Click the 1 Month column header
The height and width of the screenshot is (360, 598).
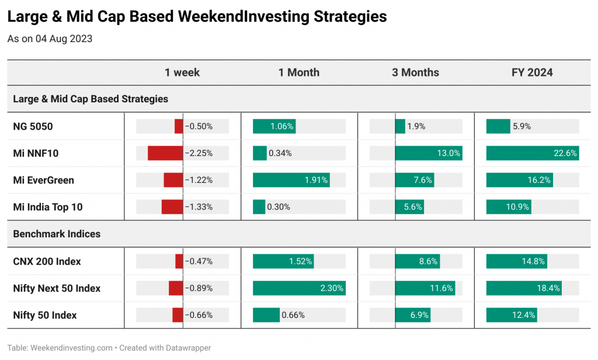(x=299, y=72)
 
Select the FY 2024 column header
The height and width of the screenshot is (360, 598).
(x=532, y=72)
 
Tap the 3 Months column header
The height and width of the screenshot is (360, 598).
(x=415, y=72)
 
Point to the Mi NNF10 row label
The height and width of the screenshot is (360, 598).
(x=36, y=154)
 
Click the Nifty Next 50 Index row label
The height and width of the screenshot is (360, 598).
(x=57, y=288)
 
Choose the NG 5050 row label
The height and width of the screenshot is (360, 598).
(x=33, y=126)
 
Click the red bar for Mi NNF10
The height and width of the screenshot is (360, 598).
(x=165, y=153)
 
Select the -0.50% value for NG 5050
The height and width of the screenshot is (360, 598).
(x=199, y=126)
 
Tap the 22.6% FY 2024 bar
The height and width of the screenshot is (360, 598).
(x=533, y=153)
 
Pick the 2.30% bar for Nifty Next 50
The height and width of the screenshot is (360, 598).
(x=299, y=288)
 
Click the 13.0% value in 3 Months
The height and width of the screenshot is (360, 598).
(x=448, y=153)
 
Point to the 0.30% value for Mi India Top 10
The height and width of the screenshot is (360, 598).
(x=279, y=207)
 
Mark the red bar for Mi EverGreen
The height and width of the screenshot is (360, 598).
(x=173, y=180)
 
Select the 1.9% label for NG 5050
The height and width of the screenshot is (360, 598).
(x=416, y=126)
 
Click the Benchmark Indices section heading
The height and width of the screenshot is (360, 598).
(x=57, y=234)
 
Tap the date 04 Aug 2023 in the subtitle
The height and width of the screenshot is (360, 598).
(x=64, y=39)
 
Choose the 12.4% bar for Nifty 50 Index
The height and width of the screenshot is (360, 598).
(x=512, y=315)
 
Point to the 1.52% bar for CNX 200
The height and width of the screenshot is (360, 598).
(x=283, y=261)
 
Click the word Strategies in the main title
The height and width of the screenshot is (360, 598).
(x=350, y=17)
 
